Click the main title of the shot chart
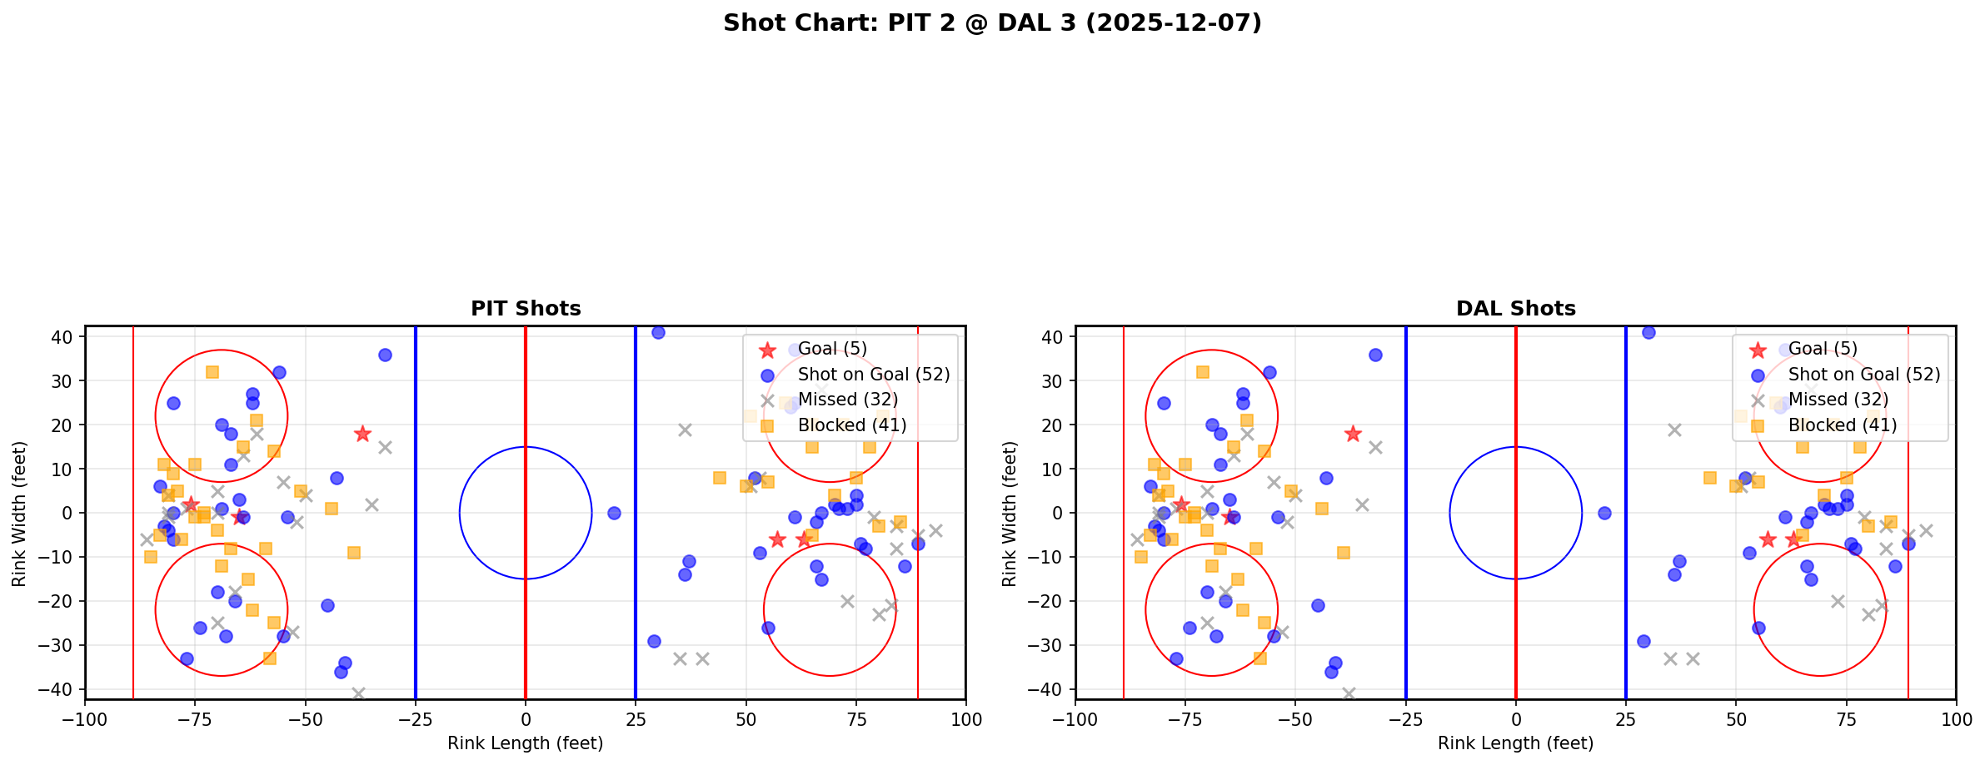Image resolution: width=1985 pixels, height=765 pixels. coord(992,23)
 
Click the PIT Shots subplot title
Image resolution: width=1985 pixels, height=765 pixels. coord(526,309)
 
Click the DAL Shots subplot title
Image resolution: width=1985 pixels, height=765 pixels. coord(1515,309)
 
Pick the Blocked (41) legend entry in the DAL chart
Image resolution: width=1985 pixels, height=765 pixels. coord(1842,425)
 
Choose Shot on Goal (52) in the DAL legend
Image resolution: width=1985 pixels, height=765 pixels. coord(1863,375)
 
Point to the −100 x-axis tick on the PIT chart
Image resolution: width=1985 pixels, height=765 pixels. coord(85,719)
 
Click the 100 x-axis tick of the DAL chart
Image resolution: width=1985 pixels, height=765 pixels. coord(1955,719)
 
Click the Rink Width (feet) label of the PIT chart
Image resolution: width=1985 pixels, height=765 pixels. coord(18,514)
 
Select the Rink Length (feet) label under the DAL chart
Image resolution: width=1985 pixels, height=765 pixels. coord(1515,743)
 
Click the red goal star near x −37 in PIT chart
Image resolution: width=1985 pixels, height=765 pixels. coord(362,434)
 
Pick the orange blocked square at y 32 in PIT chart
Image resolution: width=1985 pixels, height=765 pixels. coord(212,372)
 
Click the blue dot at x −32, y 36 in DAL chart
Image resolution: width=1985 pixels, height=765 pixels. coord(1375,355)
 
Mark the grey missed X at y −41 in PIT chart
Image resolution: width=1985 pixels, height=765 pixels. coord(358,693)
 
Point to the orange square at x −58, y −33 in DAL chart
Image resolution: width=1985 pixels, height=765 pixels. coord(1259,658)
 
